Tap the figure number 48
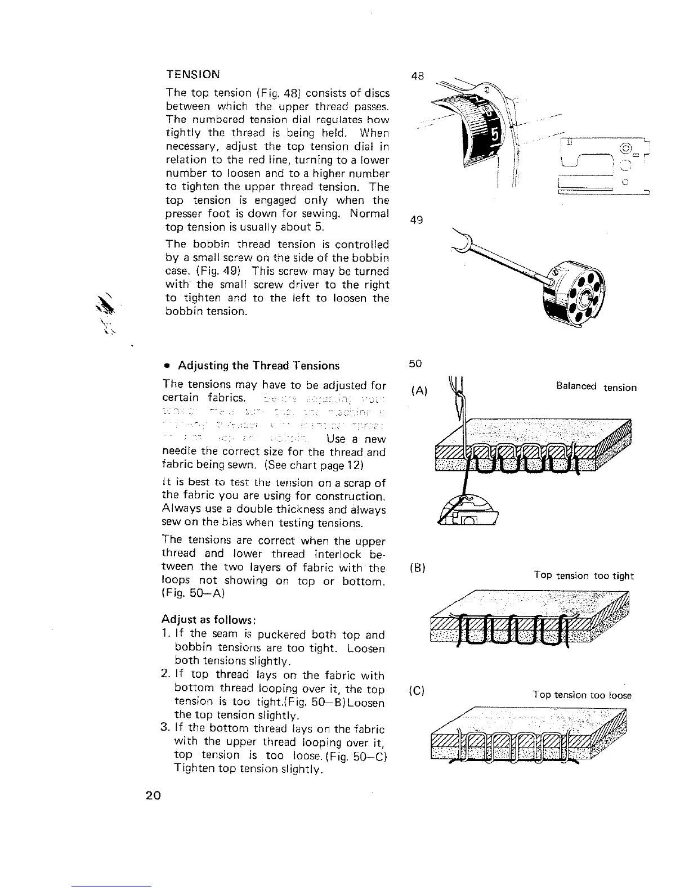point(417,75)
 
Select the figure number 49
point(417,220)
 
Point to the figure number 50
point(415,364)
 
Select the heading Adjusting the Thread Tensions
point(258,366)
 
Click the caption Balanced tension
point(596,387)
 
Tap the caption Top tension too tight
point(584,575)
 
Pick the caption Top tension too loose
point(582,695)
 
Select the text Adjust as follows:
point(209,620)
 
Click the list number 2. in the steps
point(167,675)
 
